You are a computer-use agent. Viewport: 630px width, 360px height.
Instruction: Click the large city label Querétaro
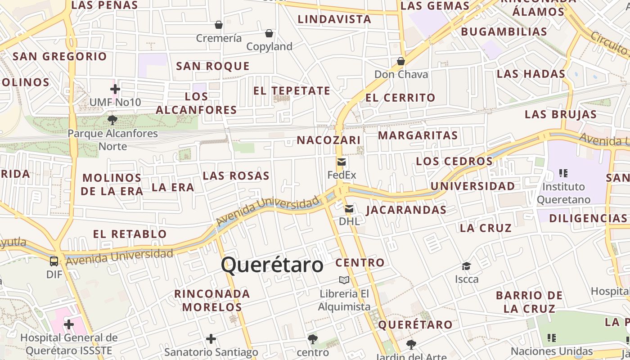[x=272, y=265]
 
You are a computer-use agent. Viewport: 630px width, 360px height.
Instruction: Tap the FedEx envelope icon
[x=342, y=162]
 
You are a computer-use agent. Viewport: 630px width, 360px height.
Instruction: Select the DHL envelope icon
[x=349, y=209]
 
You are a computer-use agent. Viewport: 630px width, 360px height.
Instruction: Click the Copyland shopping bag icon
[x=269, y=33]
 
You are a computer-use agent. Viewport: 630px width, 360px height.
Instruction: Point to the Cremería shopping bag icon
[x=219, y=25]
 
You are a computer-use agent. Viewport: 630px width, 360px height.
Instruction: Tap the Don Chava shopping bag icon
[x=401, y=61]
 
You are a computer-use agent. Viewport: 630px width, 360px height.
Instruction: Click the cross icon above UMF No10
[x=115, y=89]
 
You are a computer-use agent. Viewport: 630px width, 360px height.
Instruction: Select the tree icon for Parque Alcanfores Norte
[x=112, y=120]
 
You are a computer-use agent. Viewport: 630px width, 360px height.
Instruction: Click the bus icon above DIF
[x=54, y=261]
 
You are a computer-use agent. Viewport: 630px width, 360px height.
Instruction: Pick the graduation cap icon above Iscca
[x=467, y=266]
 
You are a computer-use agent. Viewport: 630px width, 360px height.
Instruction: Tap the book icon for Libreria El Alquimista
[x=344, y=280]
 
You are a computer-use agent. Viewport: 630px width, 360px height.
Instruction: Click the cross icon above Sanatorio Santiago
[x=211, y=339]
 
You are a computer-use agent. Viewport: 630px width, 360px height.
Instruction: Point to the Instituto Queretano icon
[x=563, y=173]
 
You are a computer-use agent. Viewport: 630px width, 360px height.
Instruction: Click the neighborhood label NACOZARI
[x=328, y=140]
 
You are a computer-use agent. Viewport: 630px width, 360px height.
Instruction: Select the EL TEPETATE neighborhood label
[x=292, y=90]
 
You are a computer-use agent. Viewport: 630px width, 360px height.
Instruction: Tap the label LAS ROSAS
[x=236, y=175]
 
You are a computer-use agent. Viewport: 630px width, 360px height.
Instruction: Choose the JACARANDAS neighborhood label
[x=406, y=210]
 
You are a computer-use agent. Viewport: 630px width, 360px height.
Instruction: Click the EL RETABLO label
[x=130, y=234]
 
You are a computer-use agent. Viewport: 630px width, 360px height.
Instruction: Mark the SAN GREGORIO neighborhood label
[x=60, y=56]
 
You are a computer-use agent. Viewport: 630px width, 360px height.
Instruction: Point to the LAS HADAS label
[x=531, y=74]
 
